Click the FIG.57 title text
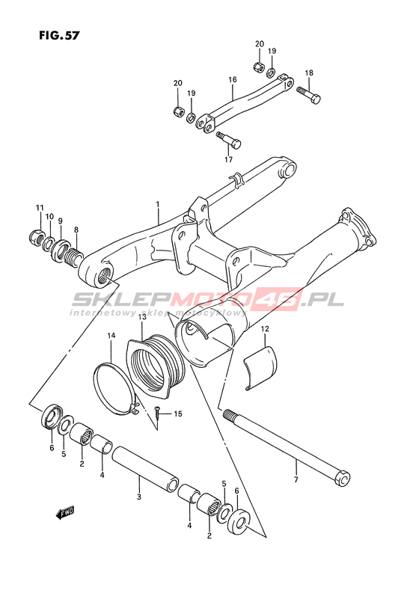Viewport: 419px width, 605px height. tap(59, 35)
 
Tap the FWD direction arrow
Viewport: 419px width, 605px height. tap(64, 513)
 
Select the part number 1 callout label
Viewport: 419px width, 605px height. tap(158, 203)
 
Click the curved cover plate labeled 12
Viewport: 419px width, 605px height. tap(260, 367)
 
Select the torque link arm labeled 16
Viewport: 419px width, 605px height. tap(245, 104)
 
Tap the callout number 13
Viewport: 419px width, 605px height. tap(141, 317)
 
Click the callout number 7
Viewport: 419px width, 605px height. tap(296, 479)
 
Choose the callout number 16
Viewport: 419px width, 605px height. tap(232, 80)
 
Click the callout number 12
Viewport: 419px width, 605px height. tap(265, 329)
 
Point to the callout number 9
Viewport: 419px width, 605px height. tap(61, 221)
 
